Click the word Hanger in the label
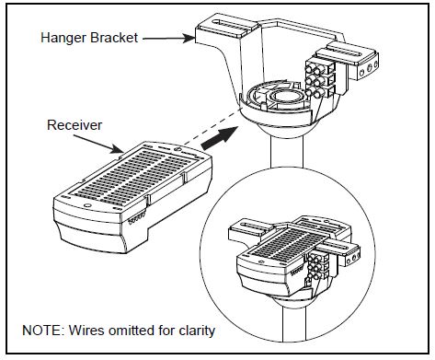63,38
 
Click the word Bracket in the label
114,38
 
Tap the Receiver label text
74,125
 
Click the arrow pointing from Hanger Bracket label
169,39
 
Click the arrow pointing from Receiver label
98,144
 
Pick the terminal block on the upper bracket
319,78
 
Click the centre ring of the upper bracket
286,97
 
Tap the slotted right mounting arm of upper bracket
352,58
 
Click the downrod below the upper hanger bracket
287,151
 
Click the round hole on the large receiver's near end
86,205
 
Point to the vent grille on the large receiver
135,173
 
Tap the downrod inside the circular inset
294,324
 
